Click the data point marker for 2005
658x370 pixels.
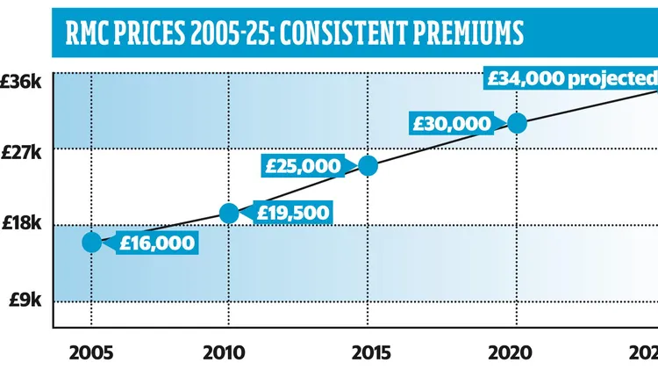click(92, 243)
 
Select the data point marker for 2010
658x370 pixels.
click(229, 212)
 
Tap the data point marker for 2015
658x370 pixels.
click(368, 165)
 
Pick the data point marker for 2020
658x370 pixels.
click(517, 122)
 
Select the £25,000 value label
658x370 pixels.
click(304, 165)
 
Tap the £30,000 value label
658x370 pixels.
click(454, 123)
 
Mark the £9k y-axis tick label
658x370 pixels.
click(25, 300)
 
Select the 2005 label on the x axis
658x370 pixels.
click(90, 352)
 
